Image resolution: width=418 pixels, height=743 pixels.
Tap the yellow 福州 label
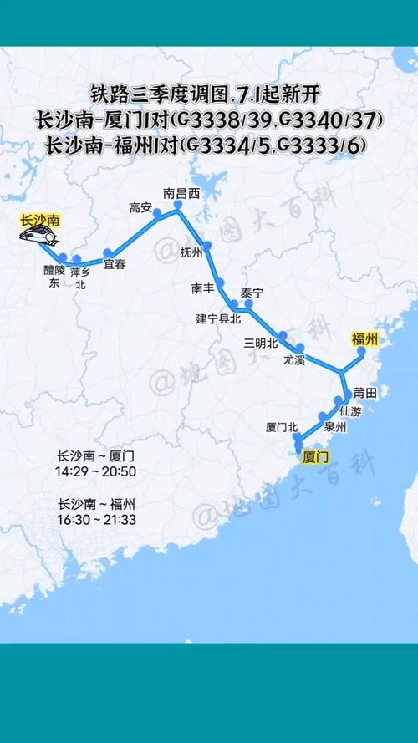pyautogui.click(x=364, y=338)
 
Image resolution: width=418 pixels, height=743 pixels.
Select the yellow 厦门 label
pyautogui.click(x=315, y=457)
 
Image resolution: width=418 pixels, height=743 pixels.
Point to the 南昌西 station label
pyautogui.click(x=181, y=194)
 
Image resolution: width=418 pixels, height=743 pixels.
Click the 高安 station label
pyautogui.click(x=140, y=207)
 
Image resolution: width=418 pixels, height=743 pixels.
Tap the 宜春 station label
pyautogui.click(x=114, y=265)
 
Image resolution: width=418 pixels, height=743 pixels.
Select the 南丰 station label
pyautogui.click(x=203, y=288)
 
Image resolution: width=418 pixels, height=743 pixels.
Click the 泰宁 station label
pyautogui.click(x=252, y=293)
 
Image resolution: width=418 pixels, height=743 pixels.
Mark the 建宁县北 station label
pyautogui.click(x=218, y=318)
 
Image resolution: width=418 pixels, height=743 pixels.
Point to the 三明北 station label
pyautogui.click(x=260, y=343)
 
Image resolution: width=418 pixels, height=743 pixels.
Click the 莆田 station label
pyautogui.click(x=365, y=392)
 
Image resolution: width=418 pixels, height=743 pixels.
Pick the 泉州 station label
pyautogui.click(x=335, y=427)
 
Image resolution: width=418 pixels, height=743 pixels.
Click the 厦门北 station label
pyautogui.click(x=282, y=427)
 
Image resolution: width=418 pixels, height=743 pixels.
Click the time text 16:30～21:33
pyautogui.click(x=96, y=520)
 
